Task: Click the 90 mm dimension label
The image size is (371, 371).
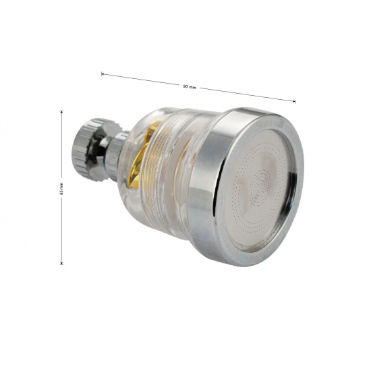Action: [190, 87]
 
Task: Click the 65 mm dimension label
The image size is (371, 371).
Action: [61, 188]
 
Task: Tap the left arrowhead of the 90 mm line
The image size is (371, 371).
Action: [103, 74]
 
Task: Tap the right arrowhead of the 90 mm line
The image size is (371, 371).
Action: [294, 101]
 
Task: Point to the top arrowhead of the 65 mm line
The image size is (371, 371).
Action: [61, 112]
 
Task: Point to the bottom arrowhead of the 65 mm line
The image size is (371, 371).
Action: [61, 263]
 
